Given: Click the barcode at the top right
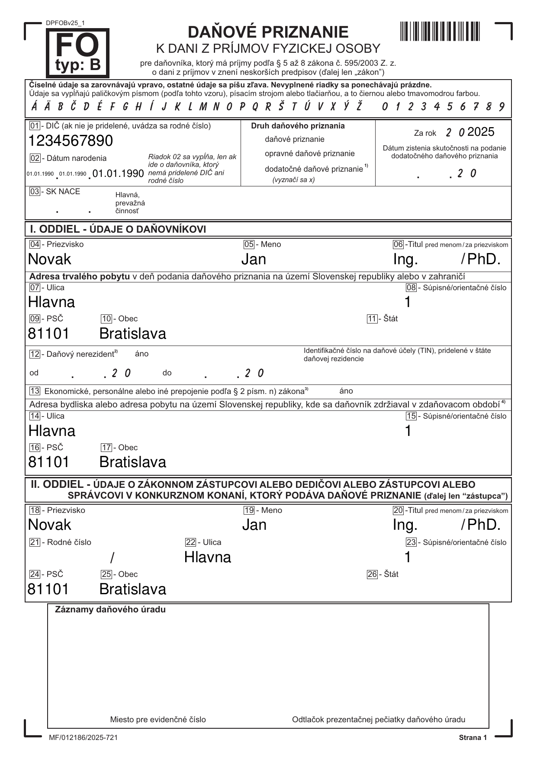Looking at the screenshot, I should click(440, 31).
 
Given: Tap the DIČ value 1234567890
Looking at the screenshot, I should click(71, 141).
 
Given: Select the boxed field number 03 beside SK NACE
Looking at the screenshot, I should click(35, 192).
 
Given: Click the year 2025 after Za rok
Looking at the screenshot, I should click(481, 132).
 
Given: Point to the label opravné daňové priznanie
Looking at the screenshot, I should click(309, 154).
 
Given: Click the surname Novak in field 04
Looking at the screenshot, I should click(50, 259).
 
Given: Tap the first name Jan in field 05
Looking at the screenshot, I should click(254, 259).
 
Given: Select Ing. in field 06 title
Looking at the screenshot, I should click(405, 259).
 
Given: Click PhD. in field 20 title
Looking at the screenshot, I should click(484, 525).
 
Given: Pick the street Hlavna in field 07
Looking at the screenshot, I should click(51, 302).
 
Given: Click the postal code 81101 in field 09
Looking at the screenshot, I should click(48, 333).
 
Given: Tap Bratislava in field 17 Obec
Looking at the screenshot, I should click(133, 462).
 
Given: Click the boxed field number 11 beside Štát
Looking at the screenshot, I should click(372, 319).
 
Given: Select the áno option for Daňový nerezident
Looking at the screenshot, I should click(141, 354).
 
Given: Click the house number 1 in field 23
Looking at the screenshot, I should click(408, 557).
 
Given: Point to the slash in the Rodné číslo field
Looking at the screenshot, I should click(112, 558).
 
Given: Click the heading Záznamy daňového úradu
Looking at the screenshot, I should click(110, 610).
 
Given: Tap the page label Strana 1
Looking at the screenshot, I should click(473, 737).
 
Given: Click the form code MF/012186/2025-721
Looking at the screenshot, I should click(83, 737).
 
